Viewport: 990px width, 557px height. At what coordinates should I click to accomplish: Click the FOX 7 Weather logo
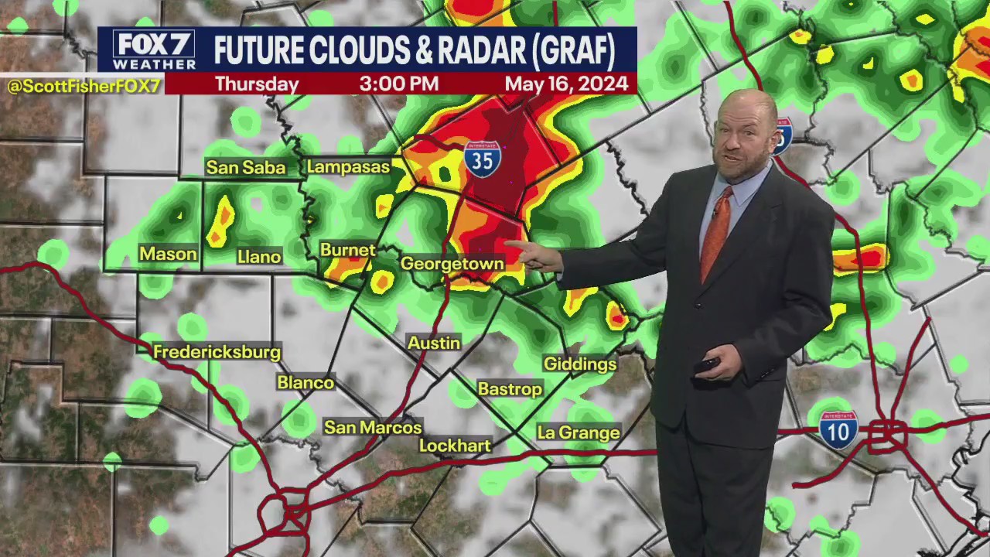coord(154,50)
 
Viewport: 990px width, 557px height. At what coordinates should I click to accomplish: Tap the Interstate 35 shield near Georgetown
coord(482,159)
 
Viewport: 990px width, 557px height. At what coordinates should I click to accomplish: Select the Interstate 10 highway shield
coord(838,429)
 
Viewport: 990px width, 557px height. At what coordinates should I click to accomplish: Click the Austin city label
coord(434,343)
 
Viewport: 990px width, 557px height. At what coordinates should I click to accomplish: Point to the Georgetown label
coord(452,264)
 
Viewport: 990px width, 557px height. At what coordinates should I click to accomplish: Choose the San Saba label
coord(245,167)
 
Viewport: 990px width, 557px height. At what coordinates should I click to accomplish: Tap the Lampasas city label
coord(348,166)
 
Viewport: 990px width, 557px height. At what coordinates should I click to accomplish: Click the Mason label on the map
coord(168,254)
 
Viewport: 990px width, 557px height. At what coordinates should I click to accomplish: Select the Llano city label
coord(259,257)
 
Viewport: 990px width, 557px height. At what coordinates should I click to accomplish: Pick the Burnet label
coord(347,250)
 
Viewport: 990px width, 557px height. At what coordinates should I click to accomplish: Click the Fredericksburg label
coord(217,352)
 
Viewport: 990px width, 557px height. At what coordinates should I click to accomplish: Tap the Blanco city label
coord(306,382)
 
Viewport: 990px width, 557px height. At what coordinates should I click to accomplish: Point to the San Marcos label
coord(373,427)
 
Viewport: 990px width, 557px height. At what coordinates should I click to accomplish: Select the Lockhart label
coord(455,446)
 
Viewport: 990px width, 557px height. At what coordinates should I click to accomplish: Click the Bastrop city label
coord(510,388)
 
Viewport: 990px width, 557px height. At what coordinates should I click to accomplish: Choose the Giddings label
coord(580,364)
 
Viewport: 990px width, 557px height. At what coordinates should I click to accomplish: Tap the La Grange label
coord(579,432)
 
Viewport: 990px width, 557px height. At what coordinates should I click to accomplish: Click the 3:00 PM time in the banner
coord(398,84)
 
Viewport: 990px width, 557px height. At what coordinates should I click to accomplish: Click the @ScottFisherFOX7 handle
coord(84,86)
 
